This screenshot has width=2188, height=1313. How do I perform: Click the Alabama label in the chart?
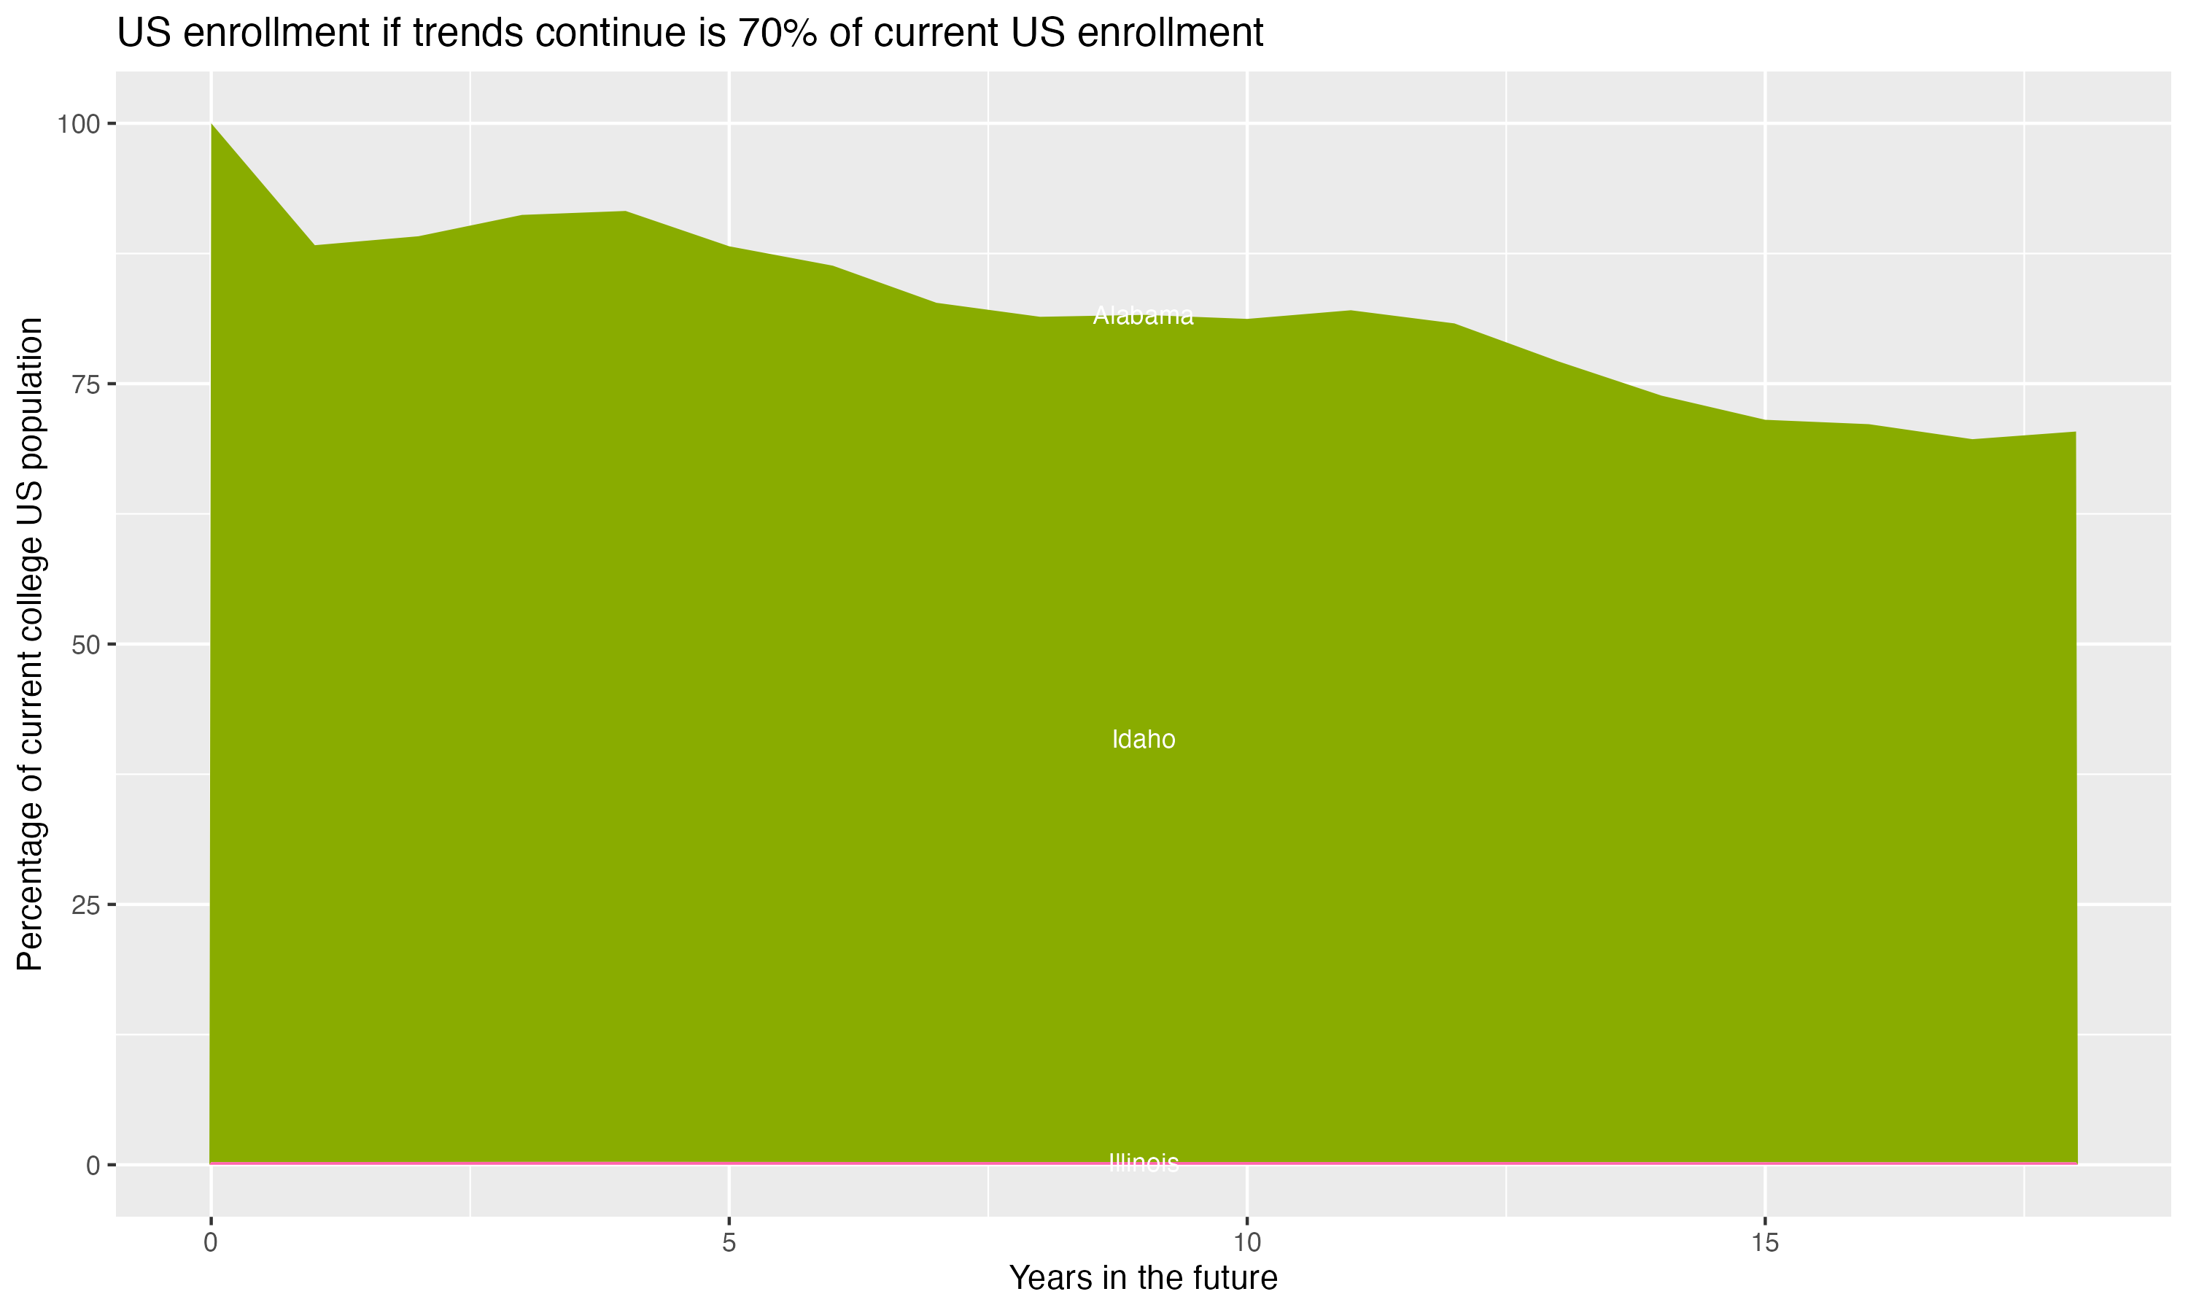(1143, 316)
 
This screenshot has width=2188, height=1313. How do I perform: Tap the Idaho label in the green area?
(1143, 740)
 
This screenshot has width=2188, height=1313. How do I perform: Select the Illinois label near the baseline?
(1143, 1163)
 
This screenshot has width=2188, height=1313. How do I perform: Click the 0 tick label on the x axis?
(211, 1243)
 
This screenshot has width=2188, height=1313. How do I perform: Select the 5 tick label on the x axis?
(729, 1243)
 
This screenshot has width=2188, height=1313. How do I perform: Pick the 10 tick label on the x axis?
(1246, 1243)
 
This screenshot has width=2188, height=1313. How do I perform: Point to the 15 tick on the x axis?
(1764, 1243)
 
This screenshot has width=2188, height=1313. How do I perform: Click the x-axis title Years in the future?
(1143, 1279)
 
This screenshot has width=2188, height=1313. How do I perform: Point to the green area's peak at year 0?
(212, 125)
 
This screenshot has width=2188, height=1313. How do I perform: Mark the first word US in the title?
(140, 34)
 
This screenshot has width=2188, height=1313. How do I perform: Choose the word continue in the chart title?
(616, 34)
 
